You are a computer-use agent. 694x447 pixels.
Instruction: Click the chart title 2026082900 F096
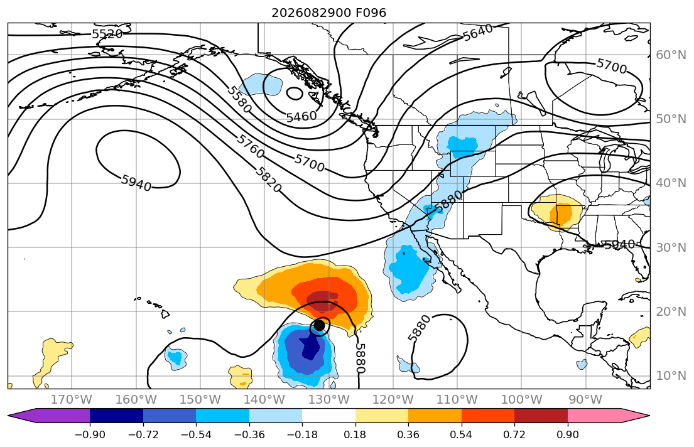tap(329, 13)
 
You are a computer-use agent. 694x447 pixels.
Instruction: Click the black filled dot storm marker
tap(319, 326)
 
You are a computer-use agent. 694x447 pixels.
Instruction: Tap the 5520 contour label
tap(107, 34)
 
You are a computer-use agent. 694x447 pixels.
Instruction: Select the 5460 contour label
tap(301, 116)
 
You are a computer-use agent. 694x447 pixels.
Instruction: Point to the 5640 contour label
tap(477, 32)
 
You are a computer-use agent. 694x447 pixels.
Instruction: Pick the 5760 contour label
tap(251, 146)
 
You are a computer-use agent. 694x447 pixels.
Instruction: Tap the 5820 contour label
tap(268, 180)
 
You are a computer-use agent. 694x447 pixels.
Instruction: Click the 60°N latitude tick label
tap(671, 55)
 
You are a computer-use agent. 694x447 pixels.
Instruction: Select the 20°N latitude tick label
tap(671, 311)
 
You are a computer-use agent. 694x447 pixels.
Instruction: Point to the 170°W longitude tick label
tap(72, 400)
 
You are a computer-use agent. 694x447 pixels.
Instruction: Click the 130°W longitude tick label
tap(329, 400)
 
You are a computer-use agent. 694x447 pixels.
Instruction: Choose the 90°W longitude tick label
tap(585, 400)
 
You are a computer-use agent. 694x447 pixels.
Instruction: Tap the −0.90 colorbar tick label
tap(90, 434)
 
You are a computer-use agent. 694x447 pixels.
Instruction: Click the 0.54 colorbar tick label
tap(461, 434)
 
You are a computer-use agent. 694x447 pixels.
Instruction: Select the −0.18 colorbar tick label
tap(302, 434)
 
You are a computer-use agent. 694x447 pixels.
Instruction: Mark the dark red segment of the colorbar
tap(541, 416)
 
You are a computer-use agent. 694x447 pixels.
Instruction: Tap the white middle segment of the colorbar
tap(329, 416)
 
